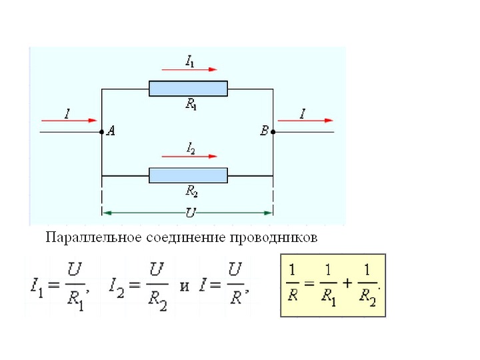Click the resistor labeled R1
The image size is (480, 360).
pos(188,89)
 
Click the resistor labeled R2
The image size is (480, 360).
pos(188,175)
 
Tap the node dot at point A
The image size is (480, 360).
pos(101,133)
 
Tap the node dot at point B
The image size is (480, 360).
pos(273,133)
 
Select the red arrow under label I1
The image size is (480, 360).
pos(189,69)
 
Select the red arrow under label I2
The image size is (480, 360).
pos(189,156)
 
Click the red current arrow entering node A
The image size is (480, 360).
pos(69,121)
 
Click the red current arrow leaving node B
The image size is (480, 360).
pos(305,121)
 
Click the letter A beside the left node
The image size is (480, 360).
pos(111,132)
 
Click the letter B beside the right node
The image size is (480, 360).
pos(264,132)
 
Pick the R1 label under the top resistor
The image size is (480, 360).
pos(191,104)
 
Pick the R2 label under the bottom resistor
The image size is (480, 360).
pos(191,191)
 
